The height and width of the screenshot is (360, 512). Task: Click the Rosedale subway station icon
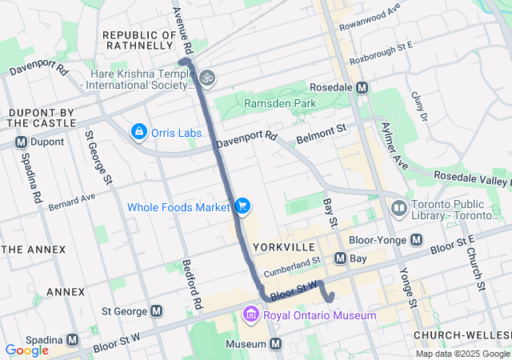(362, 87)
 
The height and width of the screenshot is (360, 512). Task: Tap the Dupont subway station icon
(21, 142)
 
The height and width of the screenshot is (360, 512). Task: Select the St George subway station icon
(156, 311)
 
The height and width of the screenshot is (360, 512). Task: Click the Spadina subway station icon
(73, 339)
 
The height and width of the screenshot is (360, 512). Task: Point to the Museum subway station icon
(276, 344)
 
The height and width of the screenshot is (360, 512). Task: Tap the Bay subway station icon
(340, 258)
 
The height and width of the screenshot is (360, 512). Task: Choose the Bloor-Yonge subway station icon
(416, 239)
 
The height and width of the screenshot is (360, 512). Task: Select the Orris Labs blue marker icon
(139, 130)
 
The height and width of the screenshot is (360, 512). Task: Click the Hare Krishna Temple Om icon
(206, 78)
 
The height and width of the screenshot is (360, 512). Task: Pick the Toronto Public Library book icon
(398, 209)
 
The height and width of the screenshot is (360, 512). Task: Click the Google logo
(26, 350)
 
